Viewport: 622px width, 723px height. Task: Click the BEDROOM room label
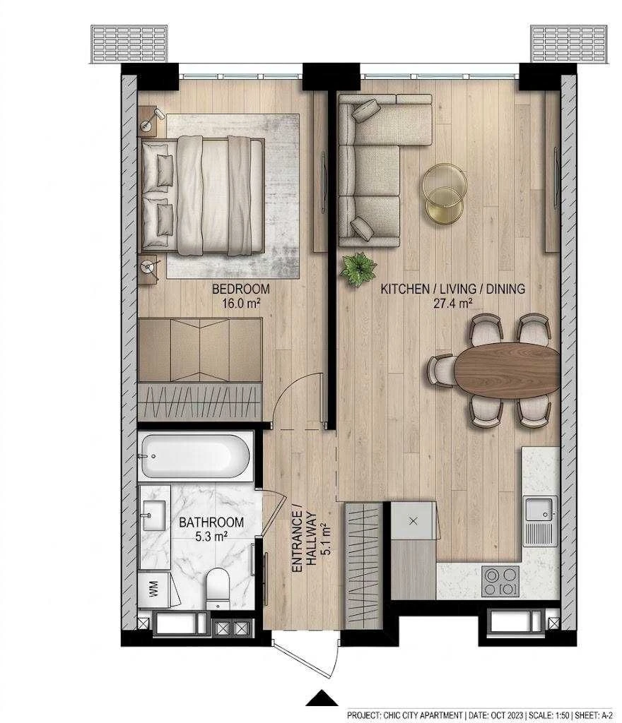click(240, 289)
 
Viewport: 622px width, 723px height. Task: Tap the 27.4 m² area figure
click(452, 303)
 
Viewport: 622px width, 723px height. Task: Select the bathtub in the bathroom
click(195, 457)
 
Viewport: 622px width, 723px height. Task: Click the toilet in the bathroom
click(217, 588)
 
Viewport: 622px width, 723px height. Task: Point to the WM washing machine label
click(153, 588)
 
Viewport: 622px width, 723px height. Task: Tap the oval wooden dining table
click(507, 369)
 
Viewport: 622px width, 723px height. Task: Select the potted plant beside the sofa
click(358, 269)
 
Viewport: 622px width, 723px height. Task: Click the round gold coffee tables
click(444, 193)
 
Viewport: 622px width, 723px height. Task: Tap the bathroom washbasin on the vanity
click(153, 515)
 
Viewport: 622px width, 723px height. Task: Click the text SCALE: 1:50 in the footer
click(548, 715)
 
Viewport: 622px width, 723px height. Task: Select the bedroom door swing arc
click(290, 392)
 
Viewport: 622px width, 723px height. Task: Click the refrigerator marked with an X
click(413, 521)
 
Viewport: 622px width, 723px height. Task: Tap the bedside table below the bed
click(148, 269)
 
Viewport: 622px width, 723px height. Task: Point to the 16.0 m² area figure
click(241, 303)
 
